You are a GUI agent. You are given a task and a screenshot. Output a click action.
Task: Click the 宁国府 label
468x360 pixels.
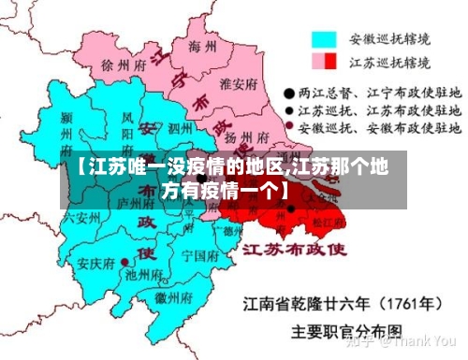point(198,254)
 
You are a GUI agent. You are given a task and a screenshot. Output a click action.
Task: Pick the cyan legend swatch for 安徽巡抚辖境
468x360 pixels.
point(324,39)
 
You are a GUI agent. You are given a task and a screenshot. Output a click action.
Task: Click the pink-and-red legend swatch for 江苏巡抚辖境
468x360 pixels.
point(324,61)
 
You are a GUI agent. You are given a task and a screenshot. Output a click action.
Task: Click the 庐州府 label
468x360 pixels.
point(128,201)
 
